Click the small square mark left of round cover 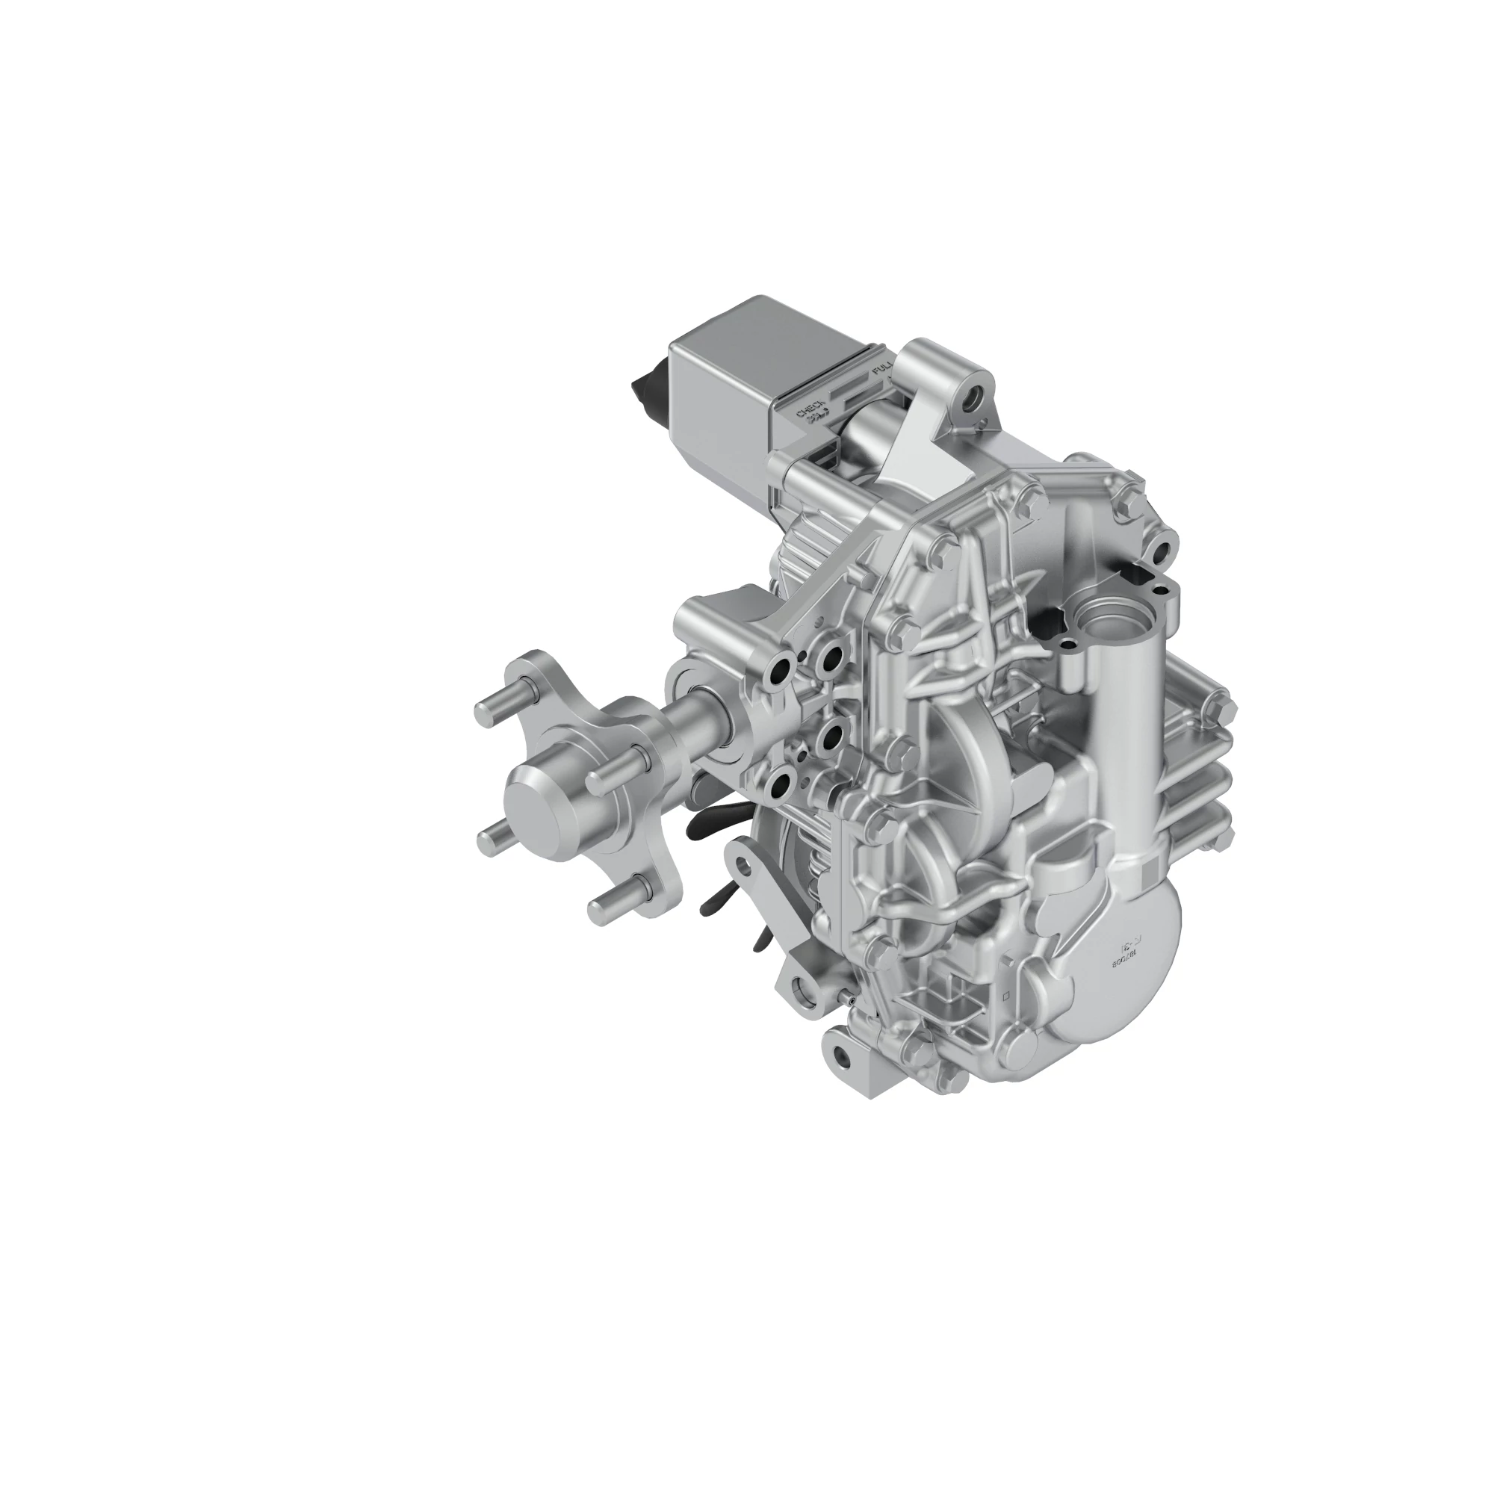pos(1006,996)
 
